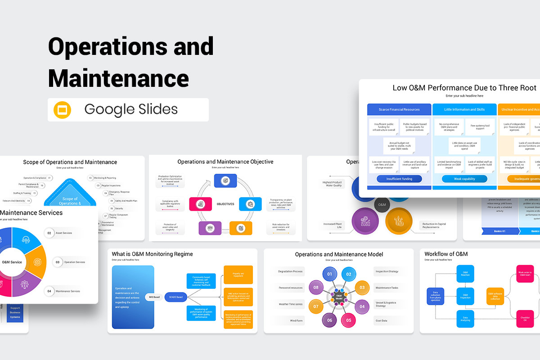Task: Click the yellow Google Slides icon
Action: [63, 110]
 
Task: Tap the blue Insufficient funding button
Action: [399, 179]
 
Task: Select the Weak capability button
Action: [464, 179]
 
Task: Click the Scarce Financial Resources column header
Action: [399, 109]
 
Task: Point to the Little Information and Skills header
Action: [464, 109]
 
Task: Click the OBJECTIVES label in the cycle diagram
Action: [225, 204]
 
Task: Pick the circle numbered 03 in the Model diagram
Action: [361, 288]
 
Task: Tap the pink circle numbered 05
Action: [349, 321]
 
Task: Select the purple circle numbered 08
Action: [316, 288]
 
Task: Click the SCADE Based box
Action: [176, 297]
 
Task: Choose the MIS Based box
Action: [154, 297]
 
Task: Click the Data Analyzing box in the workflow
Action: [465, 319]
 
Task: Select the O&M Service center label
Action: [12, 262]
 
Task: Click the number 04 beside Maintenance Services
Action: [49, 291]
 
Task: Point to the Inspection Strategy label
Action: [387, 271]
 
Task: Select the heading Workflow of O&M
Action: [446, 254]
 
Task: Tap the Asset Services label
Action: [64, 233]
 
